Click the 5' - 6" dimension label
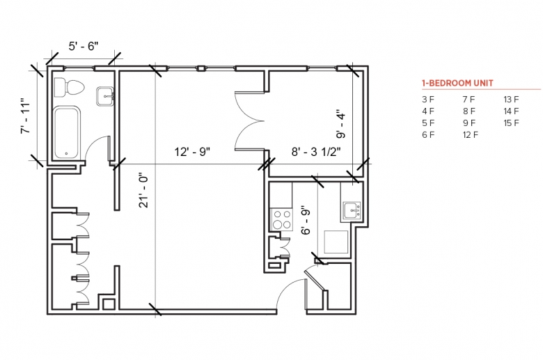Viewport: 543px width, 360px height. pyautogui.click(x=84, y=46)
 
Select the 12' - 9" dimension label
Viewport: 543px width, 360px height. pyautogui.click(x=192, y=152)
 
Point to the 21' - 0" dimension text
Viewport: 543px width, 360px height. pyautogui.click(x=143, y=190)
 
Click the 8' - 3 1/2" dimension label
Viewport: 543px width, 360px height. pyautogui.click(x=316, y=151)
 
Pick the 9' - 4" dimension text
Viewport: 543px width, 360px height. pyautogui.click(x=341, y=125)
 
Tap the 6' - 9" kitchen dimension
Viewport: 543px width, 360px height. pyautogui.click(x=306, y=221)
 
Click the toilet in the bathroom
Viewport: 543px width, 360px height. pyautogui.click(x=69, y=87)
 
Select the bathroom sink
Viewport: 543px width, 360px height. pyautogui.click(x=105, y=96)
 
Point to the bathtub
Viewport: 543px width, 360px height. pyautogui.click(x=68, y=132)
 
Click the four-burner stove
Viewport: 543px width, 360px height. pyautogui.click(x=281, y=219)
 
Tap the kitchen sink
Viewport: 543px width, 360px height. pyautogui.click(x=352, y=210)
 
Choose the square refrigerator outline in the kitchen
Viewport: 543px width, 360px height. pyautogui.click(x=336, y=242)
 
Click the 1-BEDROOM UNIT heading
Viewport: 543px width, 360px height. pyautogui.click(x=457, y=83)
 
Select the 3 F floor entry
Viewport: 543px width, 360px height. pyautogui.click(x=428, y=100)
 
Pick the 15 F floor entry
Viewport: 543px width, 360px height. pyautogui.click(x=511, y=123)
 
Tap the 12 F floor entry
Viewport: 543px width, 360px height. pyautogui.click(x=471, y=135)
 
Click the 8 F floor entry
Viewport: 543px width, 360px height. pyautogui.click(x=469, y=111)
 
